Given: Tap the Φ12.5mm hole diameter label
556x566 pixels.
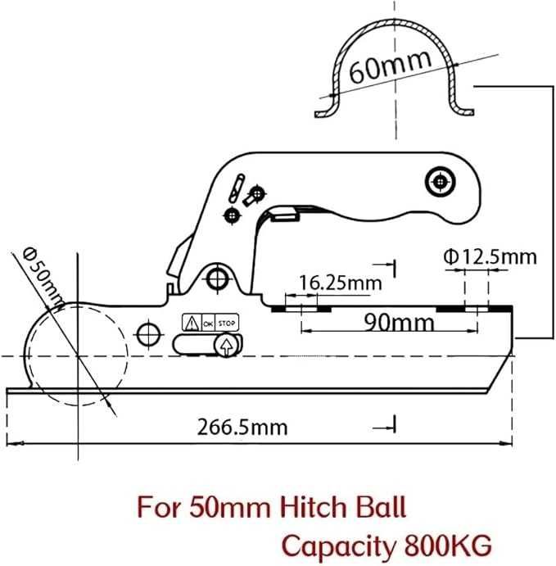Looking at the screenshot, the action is (x=490, y=257).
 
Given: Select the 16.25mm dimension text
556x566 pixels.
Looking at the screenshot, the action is (x=341, y=283).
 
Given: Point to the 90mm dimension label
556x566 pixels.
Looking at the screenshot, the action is (x=399, y=322).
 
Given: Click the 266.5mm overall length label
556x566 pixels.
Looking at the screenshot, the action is (x=242, y=427).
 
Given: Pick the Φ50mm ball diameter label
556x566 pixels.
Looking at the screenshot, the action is (x=43, y=276).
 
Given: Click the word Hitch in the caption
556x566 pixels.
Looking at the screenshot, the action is (x=314, y=507).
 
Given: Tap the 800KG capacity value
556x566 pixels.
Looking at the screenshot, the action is (x=448, y=545).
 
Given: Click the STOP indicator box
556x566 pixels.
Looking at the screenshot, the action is (x=227, y=323).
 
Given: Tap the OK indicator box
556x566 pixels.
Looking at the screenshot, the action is (x=208, y=324).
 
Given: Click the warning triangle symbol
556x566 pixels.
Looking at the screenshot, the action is (x=192, y=323).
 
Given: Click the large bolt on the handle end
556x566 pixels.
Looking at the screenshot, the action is (x=440, y=181).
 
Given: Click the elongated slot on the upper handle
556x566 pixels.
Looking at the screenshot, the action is (x=237, y=188).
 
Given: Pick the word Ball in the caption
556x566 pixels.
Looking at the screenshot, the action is (x=381, y=507).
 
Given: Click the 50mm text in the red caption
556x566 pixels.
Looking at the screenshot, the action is (x=230, y=507).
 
